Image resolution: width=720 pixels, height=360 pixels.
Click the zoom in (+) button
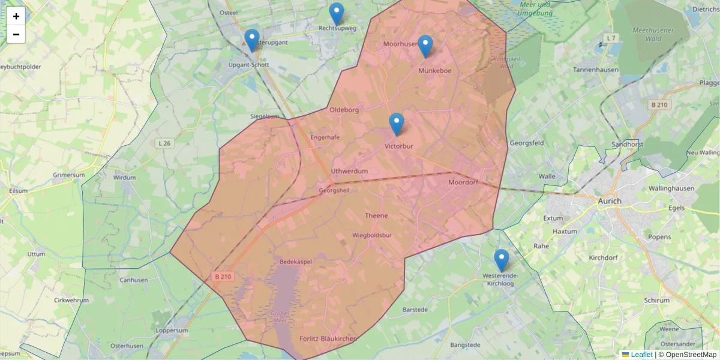16,16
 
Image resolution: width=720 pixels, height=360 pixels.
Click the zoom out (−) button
16,34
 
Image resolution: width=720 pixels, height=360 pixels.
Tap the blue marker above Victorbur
397,124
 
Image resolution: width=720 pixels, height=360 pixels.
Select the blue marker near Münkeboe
425,46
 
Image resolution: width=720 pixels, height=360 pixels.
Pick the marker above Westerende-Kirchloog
502,260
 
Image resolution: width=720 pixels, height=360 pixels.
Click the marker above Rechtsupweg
337,14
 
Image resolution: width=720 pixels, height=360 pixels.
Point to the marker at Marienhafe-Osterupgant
252,40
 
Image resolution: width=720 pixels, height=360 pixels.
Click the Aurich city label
610,201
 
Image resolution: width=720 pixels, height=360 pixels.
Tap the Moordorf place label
463,182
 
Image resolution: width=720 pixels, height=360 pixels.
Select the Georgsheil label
334,190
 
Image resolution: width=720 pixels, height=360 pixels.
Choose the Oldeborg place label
344,110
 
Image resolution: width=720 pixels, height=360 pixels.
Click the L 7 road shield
611,38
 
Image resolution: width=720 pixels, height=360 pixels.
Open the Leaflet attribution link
641,355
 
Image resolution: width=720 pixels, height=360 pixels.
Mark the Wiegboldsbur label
372,235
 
